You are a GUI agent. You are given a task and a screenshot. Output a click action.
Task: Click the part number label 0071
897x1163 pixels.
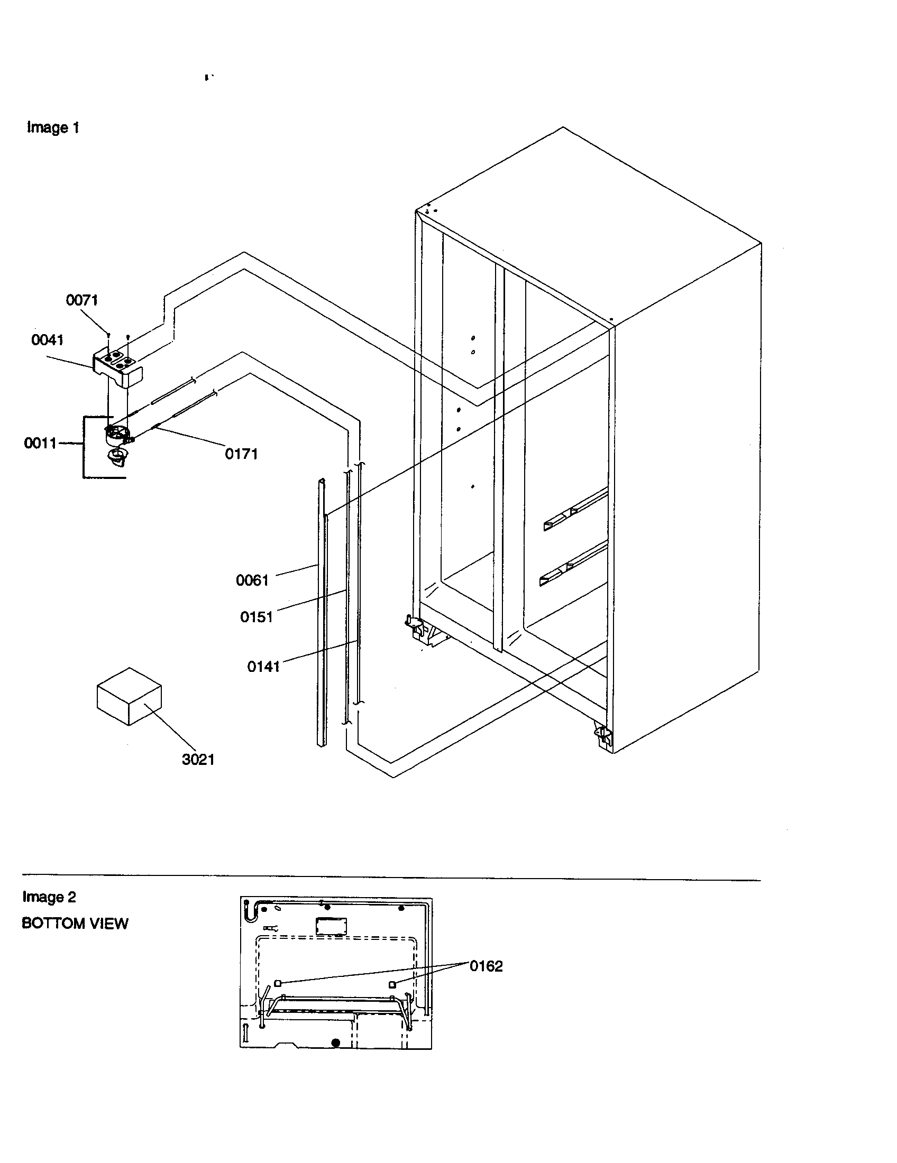tap(81, 300)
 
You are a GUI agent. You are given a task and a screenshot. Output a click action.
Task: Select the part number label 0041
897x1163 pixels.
tap(48, 340)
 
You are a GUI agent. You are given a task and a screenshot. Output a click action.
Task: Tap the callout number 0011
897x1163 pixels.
tap(40, 443)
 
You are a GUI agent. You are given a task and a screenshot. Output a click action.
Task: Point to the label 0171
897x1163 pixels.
tap(241, 454)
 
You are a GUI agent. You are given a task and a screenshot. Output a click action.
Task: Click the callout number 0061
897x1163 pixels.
tap(252, 580)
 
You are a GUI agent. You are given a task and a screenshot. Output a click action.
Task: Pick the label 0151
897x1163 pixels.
tap(256, 617)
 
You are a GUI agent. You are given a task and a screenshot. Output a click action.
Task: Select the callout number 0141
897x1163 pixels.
tap(263, 666)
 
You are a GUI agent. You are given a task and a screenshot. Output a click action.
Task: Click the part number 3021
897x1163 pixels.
tap(198, 759)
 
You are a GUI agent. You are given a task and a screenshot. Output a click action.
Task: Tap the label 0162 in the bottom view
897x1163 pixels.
tap(486, 966)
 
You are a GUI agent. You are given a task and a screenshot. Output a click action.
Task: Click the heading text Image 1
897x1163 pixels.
tap(53, 128)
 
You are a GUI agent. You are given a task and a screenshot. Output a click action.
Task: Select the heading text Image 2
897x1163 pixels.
tap(49, 897)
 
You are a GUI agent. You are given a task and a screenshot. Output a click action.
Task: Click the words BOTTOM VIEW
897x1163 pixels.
tap(75, 924)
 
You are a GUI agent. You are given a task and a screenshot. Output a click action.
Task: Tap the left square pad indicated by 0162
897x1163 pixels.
tap(277, 983)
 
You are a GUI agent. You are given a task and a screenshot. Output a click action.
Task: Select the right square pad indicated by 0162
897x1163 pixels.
tap(392, 985)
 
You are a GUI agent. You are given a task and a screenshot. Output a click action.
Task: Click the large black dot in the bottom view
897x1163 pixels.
tap(335, 1043)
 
